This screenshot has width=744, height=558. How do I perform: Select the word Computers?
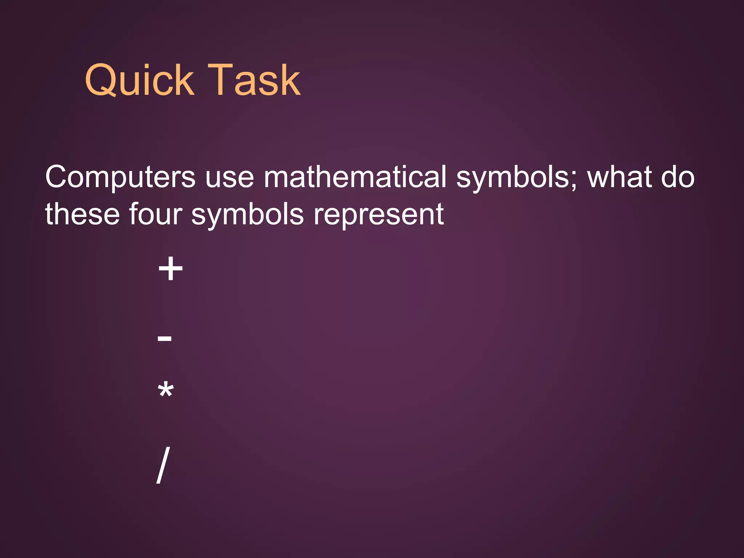click(x=120, y=177)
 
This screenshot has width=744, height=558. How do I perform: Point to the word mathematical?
click(x=355, y=177)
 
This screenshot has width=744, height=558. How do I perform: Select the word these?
click(x=82, y=214)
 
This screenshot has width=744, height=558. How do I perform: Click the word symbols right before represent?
click(x=247, y=214)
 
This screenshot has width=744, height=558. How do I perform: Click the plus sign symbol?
click(x=170, y=269)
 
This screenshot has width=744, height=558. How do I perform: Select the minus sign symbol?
click(x=165, y=339)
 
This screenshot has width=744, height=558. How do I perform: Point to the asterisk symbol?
click(x=166, y=391)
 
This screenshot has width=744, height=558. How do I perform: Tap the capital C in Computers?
click(x=57, y=177)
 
